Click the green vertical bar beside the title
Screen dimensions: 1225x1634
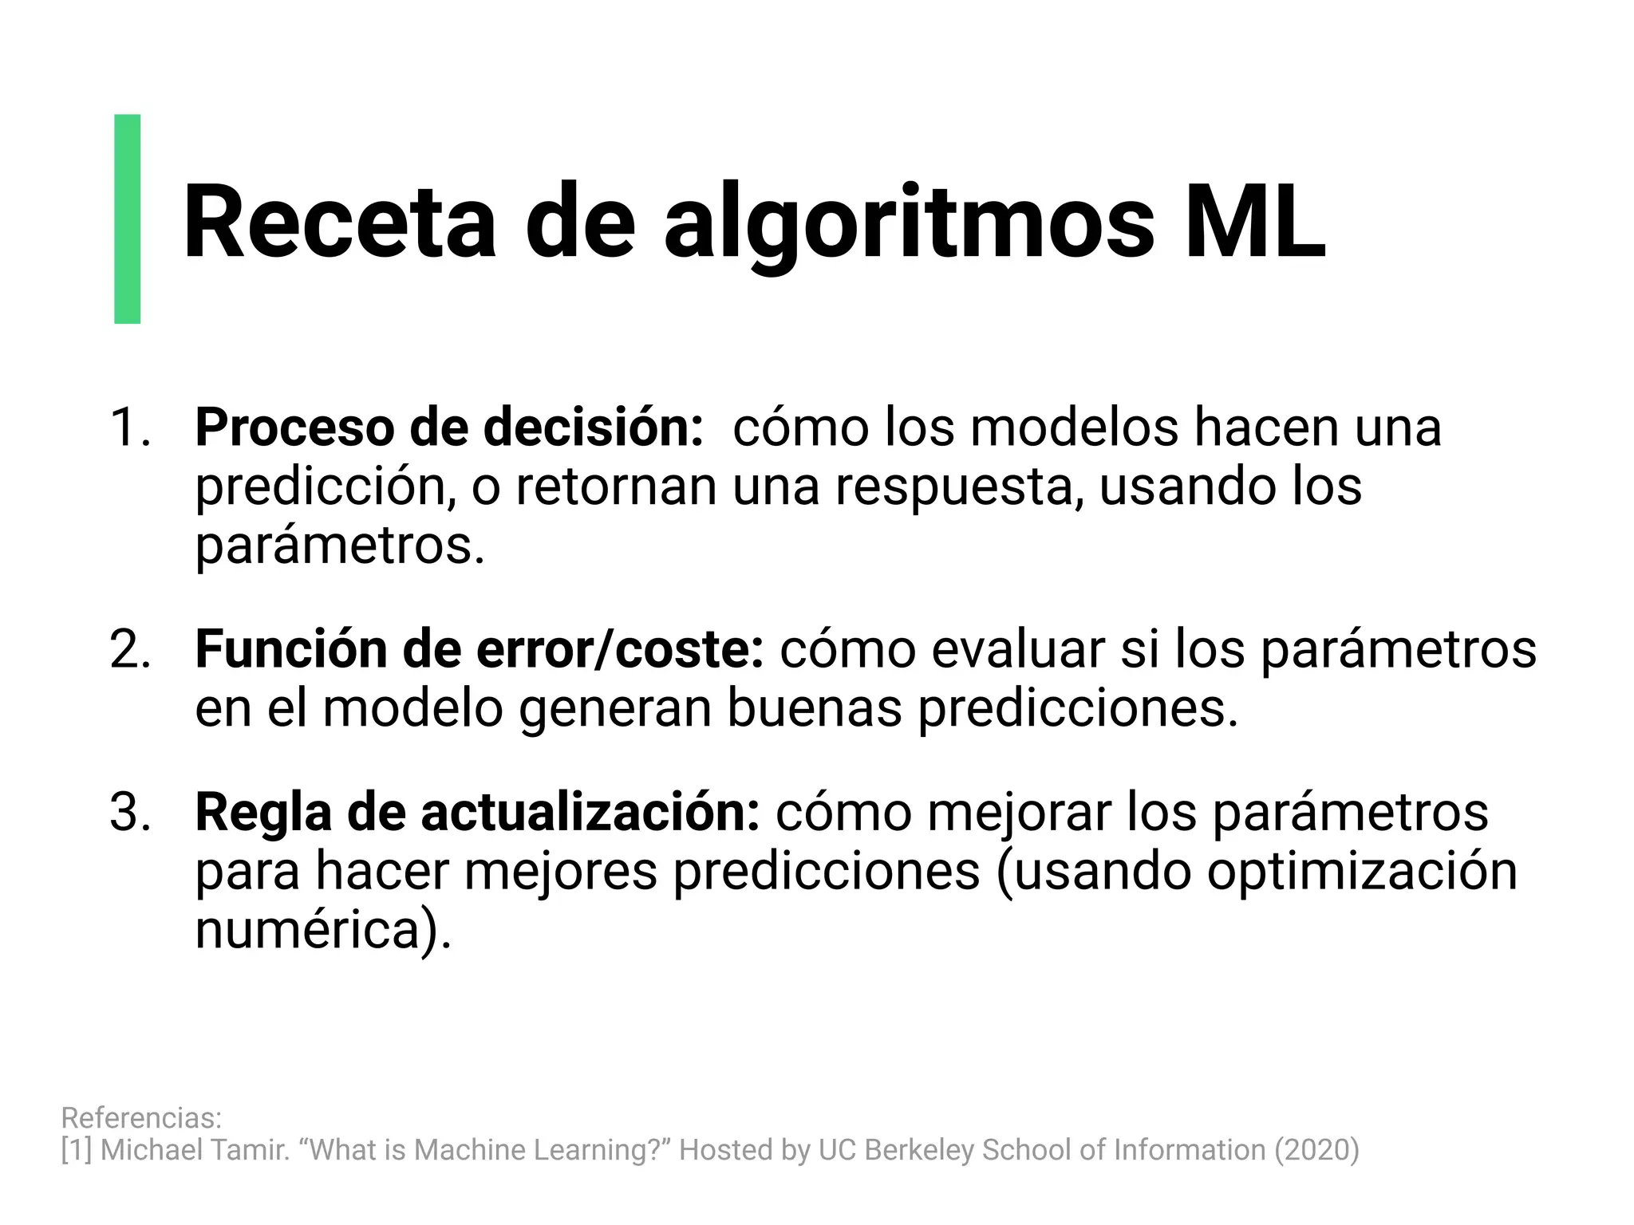coord(128,219)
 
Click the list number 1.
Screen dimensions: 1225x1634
coord(130,427)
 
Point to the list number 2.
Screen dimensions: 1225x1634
coord(130,649)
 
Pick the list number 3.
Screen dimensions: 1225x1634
coord(130,813)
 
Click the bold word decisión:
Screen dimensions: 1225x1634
coord(594,427)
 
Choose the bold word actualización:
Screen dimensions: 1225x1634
coord(590,813)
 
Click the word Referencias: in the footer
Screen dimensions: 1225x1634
coord(141,1118)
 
